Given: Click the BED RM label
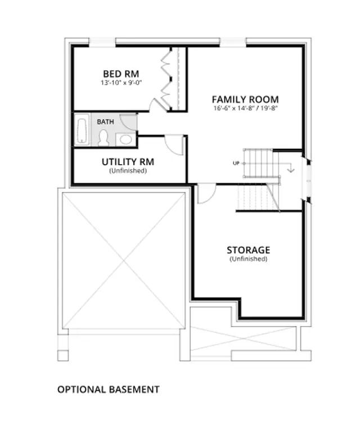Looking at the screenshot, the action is [121, 74].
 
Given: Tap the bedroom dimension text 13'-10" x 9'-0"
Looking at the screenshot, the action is [121, 83].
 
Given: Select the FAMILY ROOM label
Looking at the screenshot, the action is [245, 99].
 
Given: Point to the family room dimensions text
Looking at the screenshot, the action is [245, 108].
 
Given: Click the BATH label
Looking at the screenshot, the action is [105, 122].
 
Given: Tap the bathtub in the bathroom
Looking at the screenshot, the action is [82, 129].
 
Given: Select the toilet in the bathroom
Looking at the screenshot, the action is [103, 138].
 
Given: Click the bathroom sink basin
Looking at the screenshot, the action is [125, 139].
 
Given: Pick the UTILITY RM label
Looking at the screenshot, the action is [128, 162].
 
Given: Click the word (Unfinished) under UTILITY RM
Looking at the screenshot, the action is [128, 171].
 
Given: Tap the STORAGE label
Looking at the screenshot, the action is [249, 250].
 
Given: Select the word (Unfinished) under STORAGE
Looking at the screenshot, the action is [249, 259].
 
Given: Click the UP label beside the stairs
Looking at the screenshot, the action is [236, 163].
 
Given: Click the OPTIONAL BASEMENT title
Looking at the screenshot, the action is [109, 390].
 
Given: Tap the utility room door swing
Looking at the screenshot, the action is [174, 145].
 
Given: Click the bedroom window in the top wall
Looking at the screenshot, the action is [102, 42].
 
